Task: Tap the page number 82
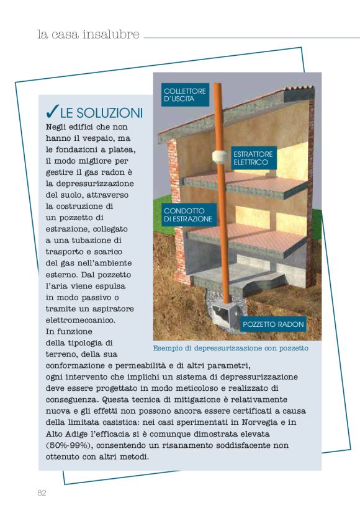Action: [42, 493]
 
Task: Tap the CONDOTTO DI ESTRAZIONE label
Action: [188, 215]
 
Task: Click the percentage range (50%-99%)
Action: [70, 445]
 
